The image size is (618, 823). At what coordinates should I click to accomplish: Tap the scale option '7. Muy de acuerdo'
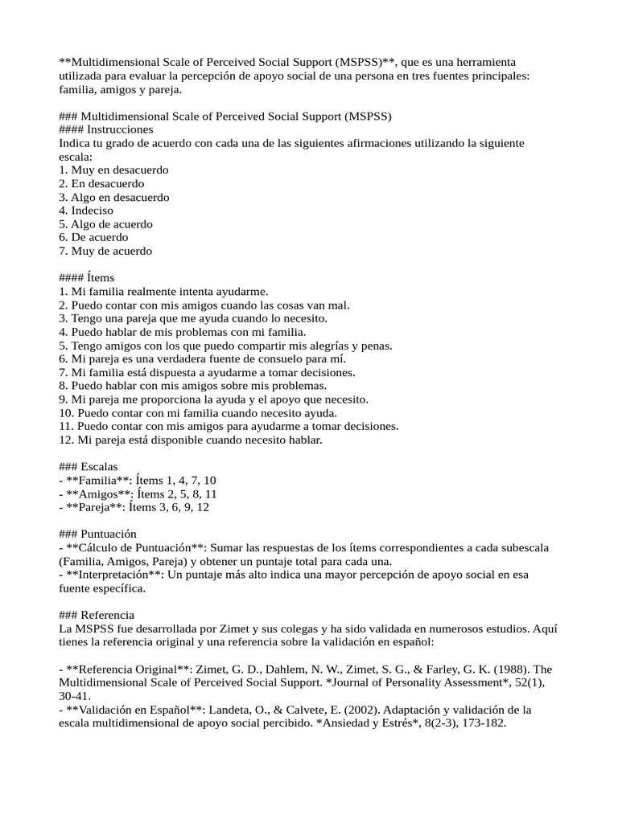pyautogui.click(x=105, y=251)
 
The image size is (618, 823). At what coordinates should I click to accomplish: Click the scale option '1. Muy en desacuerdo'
pyautogui.click(x=113, y=170)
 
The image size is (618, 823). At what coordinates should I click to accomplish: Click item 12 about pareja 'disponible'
pyautogui.click(x=190, y=440)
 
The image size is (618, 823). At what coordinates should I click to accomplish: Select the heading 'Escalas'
pyautogui.click(x=99, y=467)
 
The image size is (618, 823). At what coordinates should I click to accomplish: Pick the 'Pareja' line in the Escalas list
pyautogui.click(x=134, y=507)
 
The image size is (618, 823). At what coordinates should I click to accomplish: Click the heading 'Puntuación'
pyautogui.click(x=108, y=534)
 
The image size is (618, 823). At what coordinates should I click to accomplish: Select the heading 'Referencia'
pyautogui.click(x=108, y=615)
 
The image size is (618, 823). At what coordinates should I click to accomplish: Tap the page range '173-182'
pyautogui.click(x=483, y=723)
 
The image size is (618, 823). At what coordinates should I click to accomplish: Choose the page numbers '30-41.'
pyautogui.click(x=75, y=696)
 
